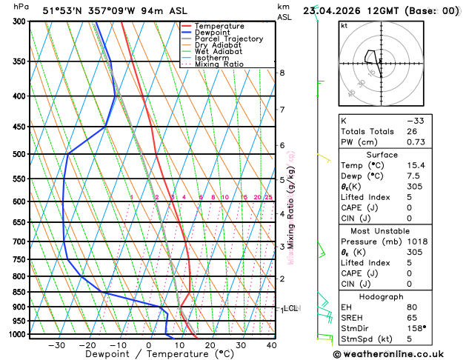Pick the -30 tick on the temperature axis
pos(56,345)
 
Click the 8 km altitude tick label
pos(282,73)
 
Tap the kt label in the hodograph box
pos(344,26)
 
